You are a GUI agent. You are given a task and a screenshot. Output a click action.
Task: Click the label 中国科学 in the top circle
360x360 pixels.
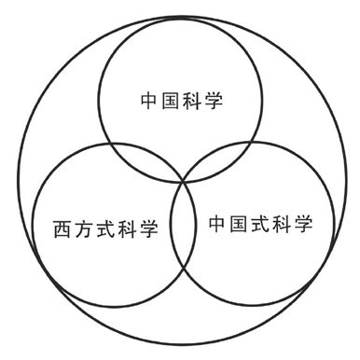[181, 98]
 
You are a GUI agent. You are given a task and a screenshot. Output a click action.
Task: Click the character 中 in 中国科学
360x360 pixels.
[149, 98]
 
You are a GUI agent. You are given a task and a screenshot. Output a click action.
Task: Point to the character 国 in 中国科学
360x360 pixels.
[171, 98]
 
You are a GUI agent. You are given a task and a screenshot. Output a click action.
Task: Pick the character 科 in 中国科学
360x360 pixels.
[192, 98]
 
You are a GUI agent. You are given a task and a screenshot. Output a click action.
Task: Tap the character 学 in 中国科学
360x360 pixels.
[214, 98]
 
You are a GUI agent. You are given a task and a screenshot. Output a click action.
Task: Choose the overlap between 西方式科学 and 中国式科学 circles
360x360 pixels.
[181, 233]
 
